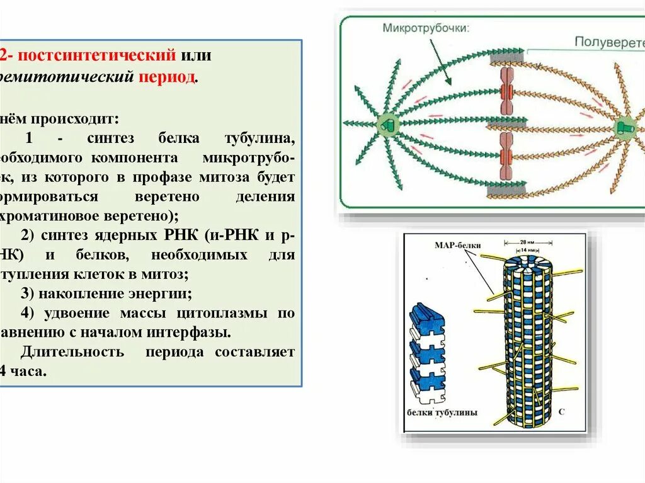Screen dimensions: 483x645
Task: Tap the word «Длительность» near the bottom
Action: pos(72,352)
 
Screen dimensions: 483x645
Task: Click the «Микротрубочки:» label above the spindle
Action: pos(425,28)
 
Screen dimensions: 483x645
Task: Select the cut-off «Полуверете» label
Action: pos(608,43)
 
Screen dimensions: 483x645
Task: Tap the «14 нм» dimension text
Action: pos(528,249)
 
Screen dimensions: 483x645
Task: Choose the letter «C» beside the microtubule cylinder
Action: pos(561,411)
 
